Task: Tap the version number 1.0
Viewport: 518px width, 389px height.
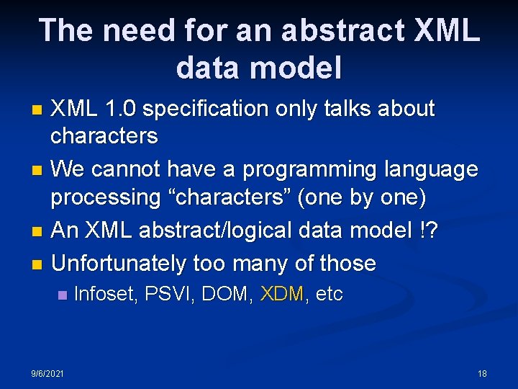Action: coord(119,109)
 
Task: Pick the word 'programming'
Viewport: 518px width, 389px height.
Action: coord(312,170)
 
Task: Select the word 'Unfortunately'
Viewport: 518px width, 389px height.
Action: coord(119,264)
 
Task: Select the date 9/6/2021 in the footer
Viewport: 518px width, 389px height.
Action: coord(47,373)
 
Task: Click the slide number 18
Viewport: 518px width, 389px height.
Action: coord(482,373)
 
